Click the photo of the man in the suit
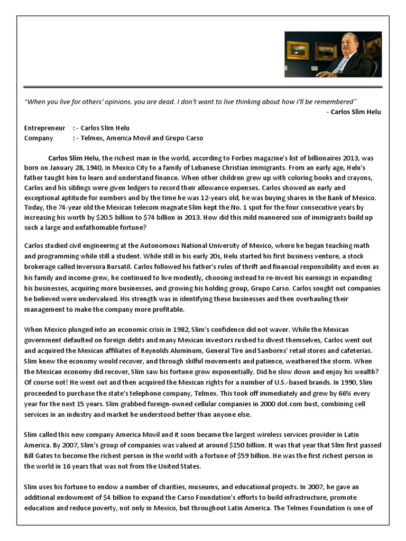coord(333,54)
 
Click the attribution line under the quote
coord(354,111)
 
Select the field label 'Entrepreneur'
coord(44,128)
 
